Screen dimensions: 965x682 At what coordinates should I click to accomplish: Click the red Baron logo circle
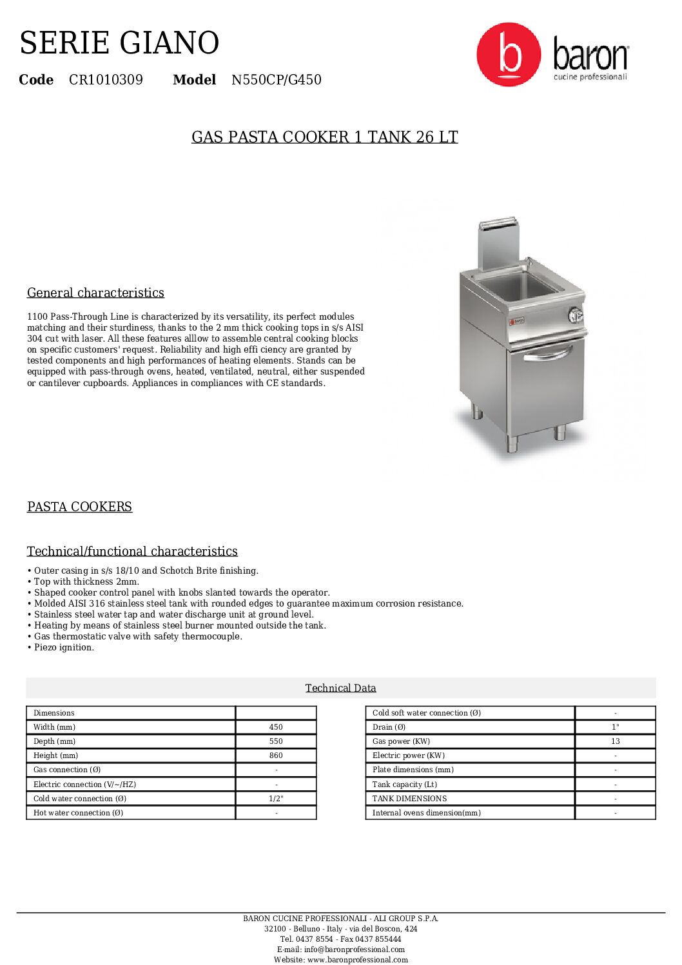click(x=509, y=55)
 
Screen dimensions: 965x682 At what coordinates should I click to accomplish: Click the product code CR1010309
click(x=106, y=80)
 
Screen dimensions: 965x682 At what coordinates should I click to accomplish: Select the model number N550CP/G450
click(x=276, y=80)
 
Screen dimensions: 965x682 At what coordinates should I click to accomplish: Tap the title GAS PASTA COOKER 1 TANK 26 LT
click(x=324, y=137)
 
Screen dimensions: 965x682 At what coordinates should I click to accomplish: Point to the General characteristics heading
click(x=95, y=293)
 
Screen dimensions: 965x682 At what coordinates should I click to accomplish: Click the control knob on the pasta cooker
click(x=576, y=315)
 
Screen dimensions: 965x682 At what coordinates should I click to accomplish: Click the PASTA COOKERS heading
click(x=79, y=507)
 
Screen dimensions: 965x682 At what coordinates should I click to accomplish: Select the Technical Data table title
click(x=340, y=688)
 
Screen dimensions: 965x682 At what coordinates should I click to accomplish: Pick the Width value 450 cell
click(x=276, y=727)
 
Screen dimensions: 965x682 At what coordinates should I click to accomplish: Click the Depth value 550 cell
click(x=276, y=741)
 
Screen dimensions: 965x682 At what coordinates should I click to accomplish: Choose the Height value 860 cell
click(x=276, y=755)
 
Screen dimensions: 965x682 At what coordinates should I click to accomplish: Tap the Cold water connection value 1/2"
click(x=276, y=799)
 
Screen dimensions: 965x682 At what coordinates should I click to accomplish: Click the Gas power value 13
click(x=615, y=741)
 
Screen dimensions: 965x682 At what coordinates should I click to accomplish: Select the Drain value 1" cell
click(x=615, y=727)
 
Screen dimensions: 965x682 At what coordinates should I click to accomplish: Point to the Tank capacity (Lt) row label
click(x=405, y=785)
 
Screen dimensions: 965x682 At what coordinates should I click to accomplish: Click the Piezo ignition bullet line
click(x=64, y=647)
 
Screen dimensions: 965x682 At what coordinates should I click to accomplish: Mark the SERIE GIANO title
click(x=119, y=43)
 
